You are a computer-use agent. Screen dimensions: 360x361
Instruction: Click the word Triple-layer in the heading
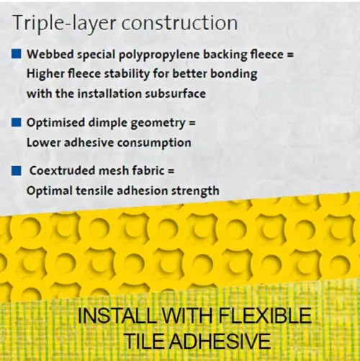point(65,24)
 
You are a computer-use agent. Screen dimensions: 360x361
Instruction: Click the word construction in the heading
point(180,23)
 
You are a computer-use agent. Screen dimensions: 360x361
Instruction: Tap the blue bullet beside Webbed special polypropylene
point(17,54)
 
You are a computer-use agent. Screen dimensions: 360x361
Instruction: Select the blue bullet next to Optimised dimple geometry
point(17,122)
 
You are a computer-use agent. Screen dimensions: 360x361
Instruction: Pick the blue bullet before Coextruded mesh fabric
point(17,171)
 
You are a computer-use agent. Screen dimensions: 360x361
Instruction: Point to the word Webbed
point(50,54)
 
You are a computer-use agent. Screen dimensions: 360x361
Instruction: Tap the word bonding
point(234,74)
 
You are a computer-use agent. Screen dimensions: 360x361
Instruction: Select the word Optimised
point(55,123)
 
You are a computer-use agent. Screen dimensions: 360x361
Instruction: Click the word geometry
point(158,124)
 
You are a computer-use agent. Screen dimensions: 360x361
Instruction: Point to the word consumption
point(154,143)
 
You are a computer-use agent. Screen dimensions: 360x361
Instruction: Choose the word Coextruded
point(62,170)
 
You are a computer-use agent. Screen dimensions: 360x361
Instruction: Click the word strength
point(195,191)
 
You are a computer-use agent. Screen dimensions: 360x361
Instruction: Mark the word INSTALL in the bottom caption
point(118,316)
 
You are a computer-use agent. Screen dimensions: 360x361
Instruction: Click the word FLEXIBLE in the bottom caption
point(265,316)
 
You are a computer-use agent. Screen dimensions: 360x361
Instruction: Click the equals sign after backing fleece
point(290,55)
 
